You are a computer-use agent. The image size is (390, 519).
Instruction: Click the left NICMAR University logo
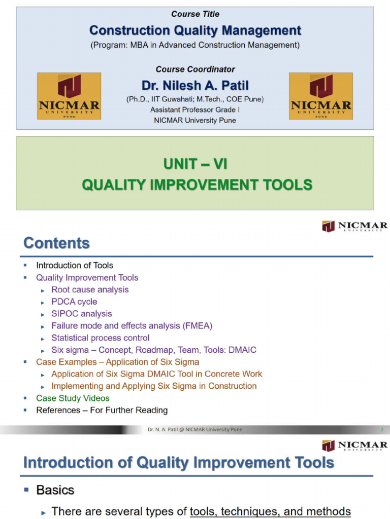tap(69, 96)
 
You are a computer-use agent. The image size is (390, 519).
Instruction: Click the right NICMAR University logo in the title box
tap(321, 96)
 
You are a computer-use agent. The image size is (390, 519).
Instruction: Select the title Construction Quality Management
tap(196, 31)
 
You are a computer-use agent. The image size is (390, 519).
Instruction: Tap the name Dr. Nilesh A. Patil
tap(195, 86)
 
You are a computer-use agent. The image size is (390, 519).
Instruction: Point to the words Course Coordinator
tap(195, 69)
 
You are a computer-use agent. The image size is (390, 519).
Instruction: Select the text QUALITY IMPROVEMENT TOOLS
tap(197, 185)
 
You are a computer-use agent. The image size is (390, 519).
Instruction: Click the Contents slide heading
tap(56, 243)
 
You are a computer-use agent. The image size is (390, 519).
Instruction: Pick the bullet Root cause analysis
tap(90, 290)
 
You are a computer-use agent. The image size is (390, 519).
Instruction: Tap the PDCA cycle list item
tap(74, 302)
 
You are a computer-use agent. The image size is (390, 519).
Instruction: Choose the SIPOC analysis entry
tap(82, 314)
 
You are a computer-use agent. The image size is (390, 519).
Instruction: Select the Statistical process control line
tap(101, 338)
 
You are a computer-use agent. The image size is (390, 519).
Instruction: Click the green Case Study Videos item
tap(73, 398)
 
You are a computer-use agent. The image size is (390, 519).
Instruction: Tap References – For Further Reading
tap(102, 410)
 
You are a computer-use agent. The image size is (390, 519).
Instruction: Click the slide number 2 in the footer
tap(382, 430)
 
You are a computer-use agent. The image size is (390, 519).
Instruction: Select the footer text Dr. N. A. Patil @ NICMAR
tap(195, 430)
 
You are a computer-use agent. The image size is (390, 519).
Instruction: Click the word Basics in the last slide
tap(55, 490)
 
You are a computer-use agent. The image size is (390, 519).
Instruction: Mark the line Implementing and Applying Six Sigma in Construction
tap(154, 386)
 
